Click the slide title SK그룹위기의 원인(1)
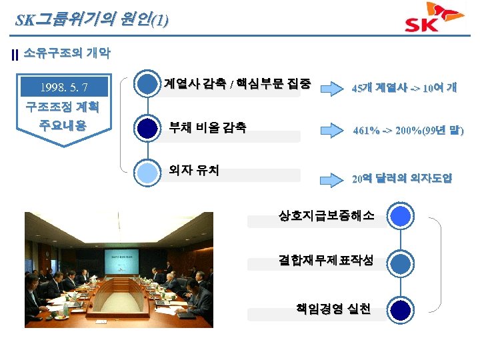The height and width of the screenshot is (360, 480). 91,19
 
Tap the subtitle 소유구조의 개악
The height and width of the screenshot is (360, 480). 67,53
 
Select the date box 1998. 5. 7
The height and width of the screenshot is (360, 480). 65,87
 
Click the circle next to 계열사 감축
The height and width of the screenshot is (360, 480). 147,84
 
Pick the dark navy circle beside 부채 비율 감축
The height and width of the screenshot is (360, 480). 147,127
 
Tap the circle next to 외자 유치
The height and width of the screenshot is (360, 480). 147,171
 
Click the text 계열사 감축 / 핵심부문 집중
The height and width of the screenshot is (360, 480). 237,83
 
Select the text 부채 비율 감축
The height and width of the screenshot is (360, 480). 207,127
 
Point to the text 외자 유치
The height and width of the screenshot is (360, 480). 193,170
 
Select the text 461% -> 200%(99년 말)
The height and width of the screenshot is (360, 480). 407,131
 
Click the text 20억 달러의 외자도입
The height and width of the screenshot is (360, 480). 402,178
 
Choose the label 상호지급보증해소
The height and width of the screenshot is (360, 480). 326,215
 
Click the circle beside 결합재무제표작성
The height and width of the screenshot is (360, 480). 400,263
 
